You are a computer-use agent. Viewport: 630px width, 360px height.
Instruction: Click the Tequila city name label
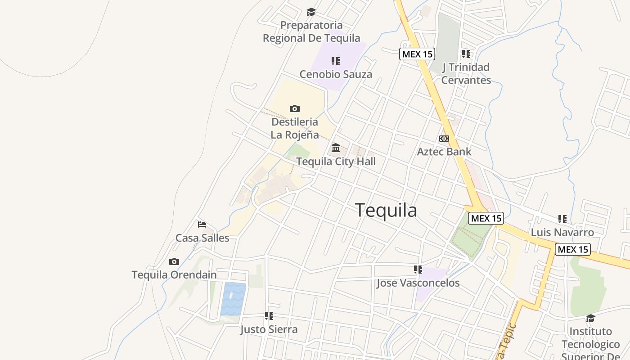(386, 210)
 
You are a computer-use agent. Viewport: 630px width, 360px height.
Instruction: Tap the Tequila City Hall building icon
(336, 148)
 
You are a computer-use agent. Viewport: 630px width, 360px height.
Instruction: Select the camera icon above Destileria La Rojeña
(295, 108)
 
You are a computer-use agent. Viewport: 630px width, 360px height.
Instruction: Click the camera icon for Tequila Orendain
(174, 261)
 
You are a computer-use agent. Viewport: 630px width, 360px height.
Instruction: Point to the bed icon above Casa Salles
(202, 224)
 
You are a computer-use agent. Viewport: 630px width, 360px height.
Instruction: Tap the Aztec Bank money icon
(444, 139)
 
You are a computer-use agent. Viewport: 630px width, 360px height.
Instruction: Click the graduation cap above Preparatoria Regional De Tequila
(311, 12)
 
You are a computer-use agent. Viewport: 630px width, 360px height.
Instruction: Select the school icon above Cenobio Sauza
(336, 61)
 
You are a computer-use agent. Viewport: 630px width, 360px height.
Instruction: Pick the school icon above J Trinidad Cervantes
(466, 54)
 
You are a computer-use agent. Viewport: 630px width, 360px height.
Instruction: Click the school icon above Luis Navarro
(562, 219)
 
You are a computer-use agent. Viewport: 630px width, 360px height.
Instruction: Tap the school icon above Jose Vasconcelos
(418, 270)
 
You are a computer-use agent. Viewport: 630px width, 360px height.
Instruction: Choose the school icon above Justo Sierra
(269, 316)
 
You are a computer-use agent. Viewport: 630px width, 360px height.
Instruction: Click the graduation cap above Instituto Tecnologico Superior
(590, 318)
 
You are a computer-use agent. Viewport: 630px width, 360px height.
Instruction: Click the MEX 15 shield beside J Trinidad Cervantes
(417, 54)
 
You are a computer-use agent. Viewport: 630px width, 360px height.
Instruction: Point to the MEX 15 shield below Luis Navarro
(572, 249)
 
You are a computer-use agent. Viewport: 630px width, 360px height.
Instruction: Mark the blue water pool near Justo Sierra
(233, 299)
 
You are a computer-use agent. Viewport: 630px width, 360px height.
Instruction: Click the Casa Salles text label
(202, 238)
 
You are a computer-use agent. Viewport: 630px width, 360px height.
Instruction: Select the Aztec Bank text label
(444, 151)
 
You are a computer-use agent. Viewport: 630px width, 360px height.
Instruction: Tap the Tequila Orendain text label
(174, 274)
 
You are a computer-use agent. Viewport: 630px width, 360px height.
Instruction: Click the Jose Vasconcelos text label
(418, 283)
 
